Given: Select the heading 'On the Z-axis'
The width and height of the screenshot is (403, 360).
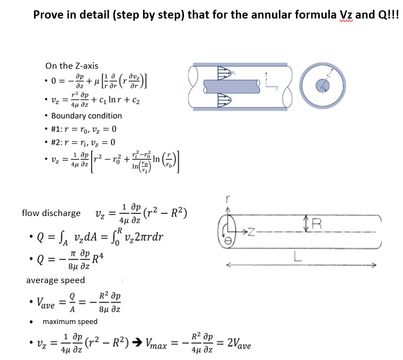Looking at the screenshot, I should [x=72, y=66].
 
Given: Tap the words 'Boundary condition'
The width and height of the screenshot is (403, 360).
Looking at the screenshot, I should [x=86, y=116].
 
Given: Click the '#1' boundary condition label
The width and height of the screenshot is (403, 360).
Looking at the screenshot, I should [x=56, y=129].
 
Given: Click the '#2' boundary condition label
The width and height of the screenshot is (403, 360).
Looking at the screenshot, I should [x=56, y=142].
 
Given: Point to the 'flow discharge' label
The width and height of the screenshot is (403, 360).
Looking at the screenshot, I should [x=51, y=213].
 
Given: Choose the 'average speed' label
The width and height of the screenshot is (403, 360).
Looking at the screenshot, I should [x=56, y=280].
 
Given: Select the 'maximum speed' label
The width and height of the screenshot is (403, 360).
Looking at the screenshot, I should [x=70, y=321].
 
